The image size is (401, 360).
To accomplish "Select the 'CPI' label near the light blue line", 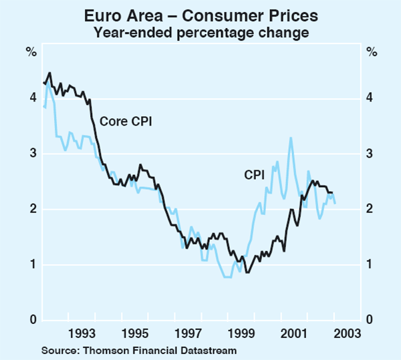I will coord(254,174).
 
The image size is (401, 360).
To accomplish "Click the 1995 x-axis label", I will coord(134,333).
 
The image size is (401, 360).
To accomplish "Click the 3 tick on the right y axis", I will coord(369,154).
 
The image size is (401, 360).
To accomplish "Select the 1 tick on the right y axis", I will coord(369,264).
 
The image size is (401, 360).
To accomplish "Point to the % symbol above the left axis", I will coord(31,51).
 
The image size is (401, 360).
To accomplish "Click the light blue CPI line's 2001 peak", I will coord(291,138).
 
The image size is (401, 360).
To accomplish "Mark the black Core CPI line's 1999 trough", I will coord(247,273).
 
